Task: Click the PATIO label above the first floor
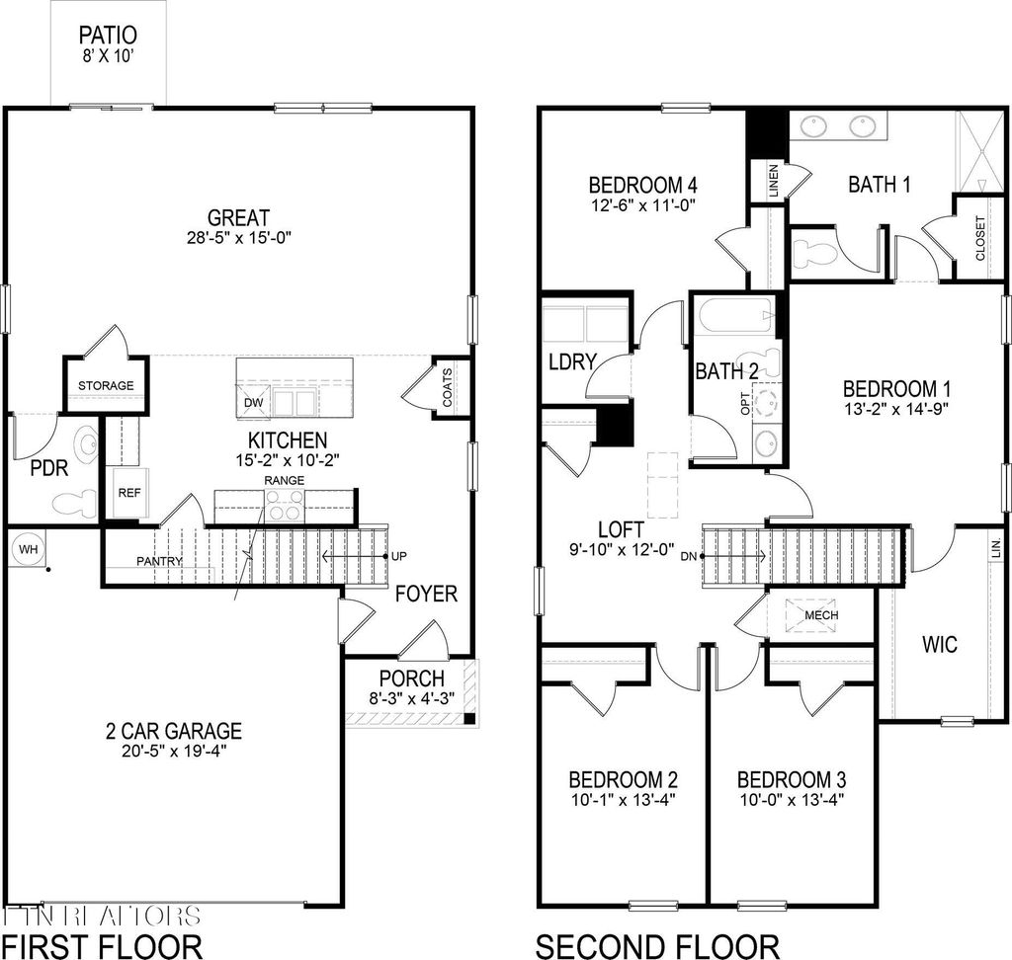[x=109, y=36]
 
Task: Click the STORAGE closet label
[x=107, y=385]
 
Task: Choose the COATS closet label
[x=447, y=387]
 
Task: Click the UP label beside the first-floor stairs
[x=398, y=557]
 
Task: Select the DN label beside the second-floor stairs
[x=689, y=557]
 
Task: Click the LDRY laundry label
[x=572, y=361]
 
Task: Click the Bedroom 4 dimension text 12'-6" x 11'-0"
[x=643, y=206]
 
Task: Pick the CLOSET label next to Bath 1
[x=979, y=238]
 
